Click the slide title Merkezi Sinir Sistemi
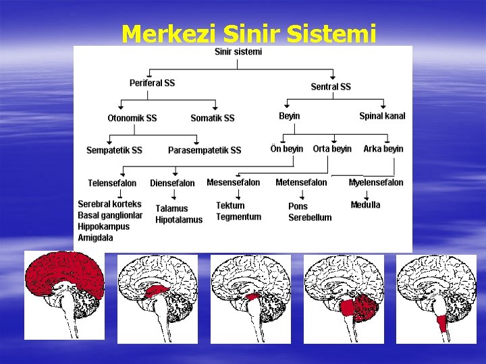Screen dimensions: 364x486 click(248, 32)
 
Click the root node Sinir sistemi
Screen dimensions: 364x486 click(238, 51)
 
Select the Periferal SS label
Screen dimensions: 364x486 click(152, 83)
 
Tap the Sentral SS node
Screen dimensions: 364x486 click(331, 86)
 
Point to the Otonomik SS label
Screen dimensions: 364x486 click(132, 118)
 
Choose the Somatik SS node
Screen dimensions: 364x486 click(213, 118)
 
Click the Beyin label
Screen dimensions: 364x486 click(290, 116)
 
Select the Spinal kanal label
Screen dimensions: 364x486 click(382, 116)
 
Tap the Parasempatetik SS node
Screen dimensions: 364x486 click(205, 150)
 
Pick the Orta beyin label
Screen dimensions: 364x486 click(332, 148)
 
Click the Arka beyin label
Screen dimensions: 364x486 click(383, 148)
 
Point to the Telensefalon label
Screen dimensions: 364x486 click(112, 183)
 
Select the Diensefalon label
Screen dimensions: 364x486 click(172, 183)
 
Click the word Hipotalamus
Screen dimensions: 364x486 click(179, 220)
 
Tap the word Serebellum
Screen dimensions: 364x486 click(310, 218)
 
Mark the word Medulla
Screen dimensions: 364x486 click(366, 204)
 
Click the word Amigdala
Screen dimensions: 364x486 click(95, 238)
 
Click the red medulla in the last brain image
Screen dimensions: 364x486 click(441, 323)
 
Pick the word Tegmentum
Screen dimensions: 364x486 click(238, 216)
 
